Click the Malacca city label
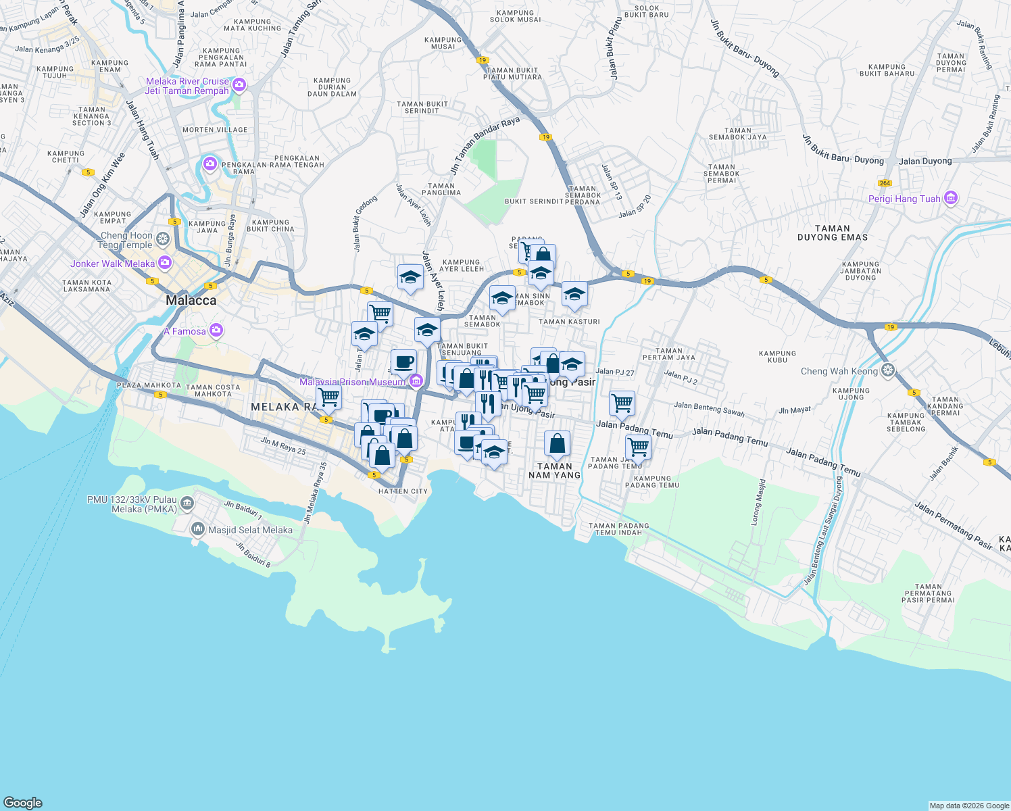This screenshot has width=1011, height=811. coord(191,301)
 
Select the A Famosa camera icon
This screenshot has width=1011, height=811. coord(216,330)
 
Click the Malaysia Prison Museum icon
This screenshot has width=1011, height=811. coord(416,382)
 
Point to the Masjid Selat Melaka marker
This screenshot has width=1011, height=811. coord(198,529)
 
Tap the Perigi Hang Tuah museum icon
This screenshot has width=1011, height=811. coord(951,199)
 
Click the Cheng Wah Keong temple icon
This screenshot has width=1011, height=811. coord(888,370)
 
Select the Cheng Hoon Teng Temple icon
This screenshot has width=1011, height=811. coord(163,239)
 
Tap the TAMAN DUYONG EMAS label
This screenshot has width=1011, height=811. coord(832,233)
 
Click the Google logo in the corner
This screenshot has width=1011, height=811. coord(23,802)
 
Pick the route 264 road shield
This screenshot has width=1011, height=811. coord(885,183)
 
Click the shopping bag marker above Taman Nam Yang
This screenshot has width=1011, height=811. coord(557,444)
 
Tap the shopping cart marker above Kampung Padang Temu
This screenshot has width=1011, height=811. coord(637,447)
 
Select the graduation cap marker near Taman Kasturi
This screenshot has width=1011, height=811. coord(574,294)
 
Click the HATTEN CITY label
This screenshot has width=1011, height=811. coord(403,491)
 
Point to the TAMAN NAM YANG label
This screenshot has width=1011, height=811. coord(554,470)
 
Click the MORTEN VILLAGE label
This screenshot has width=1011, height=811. coord(215,130)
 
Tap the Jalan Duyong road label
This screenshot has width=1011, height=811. coord(925,161)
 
